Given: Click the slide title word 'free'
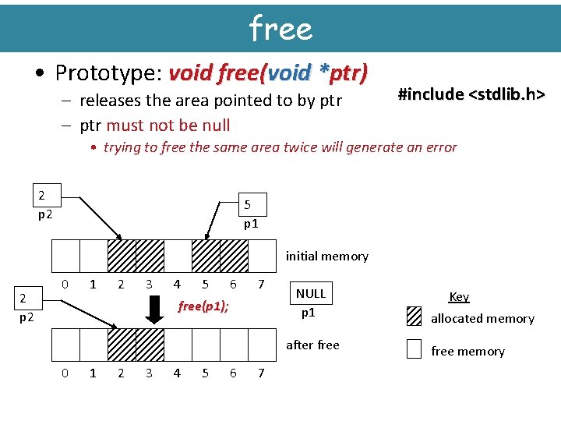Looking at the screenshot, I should [280, 28].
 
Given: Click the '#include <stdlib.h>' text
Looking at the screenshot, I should [471, 94].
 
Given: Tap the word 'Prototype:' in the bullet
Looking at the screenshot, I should [108, 73].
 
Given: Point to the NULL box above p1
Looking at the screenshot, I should [311, 294].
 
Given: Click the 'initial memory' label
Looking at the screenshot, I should [326, 256].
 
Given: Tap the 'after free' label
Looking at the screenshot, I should [312, 345].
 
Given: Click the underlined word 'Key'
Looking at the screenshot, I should [459, 296].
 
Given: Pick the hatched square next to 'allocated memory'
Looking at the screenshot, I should [415, 317].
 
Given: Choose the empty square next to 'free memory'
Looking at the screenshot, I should [415, 350].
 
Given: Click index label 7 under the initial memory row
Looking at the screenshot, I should [261, 285].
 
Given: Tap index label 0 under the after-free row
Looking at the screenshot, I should [65, 373].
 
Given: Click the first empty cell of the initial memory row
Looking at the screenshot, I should [65, 255].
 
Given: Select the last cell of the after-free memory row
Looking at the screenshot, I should [262, 344].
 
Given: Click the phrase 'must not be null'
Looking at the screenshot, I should [168, 125].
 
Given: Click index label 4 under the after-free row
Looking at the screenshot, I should [177, 373].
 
